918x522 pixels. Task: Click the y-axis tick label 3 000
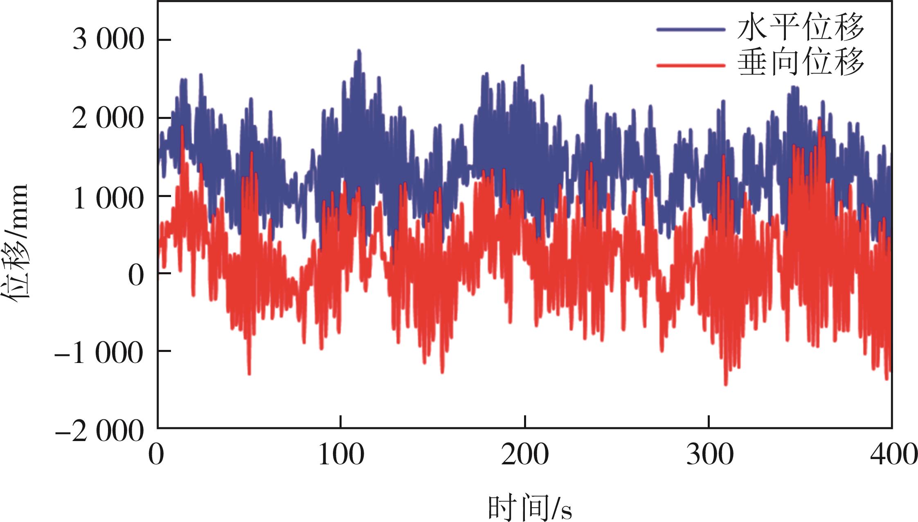[x=108, y=40]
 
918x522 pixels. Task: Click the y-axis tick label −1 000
[x=99, y=352]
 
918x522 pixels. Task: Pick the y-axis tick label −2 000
[x=99, y=430]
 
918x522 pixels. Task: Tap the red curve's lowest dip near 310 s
[x=726, y=384]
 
